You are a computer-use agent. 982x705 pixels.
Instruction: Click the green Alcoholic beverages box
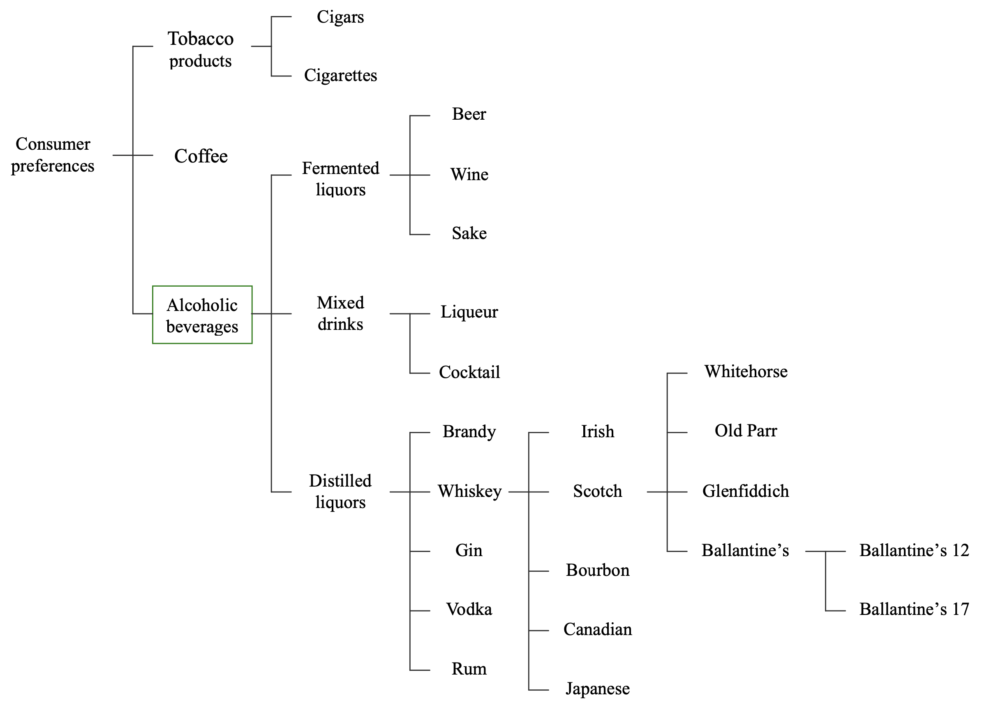pyautogui.click(x=202, y=315)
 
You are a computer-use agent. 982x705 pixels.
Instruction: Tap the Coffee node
pyautogui.click(x=201, y=156)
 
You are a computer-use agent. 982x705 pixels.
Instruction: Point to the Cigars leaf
pyautogui.click(x=340, y=17)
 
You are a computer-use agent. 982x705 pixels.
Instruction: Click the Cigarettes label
pyautogui.click(x=340, y=75)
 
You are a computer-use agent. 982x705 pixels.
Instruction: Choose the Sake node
pyautogui.click(x=469, y=233)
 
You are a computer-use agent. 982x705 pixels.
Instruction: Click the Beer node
pyautogui.click(x=469, y=114)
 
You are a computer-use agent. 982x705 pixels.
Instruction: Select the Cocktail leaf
pyautogui.click(x=469, y=372)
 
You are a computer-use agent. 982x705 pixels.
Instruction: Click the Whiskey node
pyautogui.click(x=469, y=491)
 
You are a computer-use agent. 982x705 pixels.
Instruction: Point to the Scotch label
pyautogui.click(x=598, y=491)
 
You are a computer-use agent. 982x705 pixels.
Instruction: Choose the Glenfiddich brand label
pyautogui.click(x=746, y=491)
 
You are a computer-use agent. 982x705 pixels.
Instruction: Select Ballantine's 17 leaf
pyautogui.click(x=914, y=609)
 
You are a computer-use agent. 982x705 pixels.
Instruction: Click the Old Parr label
pyautogui.click(x=746, y=431)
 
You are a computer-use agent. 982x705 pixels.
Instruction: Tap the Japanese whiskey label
pyautogui.click(x=598, y=689)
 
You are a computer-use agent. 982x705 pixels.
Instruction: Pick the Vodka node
pyautogui.click(x=469, y=609)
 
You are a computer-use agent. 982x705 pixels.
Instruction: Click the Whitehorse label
pyautogui.click(x=746, y=371)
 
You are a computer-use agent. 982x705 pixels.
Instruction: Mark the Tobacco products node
pyautogui.click(x=201, y=49)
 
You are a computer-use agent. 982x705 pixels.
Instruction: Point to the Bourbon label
pyautogui.click(x=598, y=570)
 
